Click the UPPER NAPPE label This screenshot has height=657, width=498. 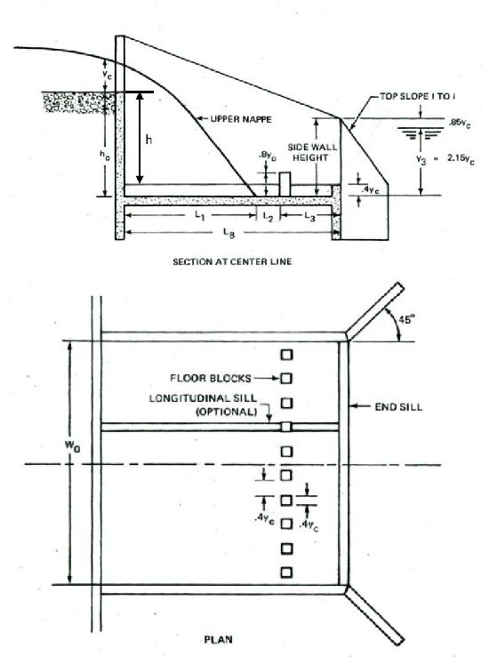(x=241, y=119)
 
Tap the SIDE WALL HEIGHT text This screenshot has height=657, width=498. (x=312, y=153)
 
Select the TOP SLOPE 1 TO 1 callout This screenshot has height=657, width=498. (x=417, y=96)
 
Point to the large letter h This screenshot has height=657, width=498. (x=149, y=140)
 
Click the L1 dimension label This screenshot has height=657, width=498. (x=200, y=216)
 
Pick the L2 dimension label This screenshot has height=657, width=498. (x=268, y=217)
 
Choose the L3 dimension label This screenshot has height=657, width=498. (x=309, y=217)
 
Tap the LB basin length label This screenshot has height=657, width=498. (x=229, y=233)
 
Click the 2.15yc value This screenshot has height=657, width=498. (x=461, y=159)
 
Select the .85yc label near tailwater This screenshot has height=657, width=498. (x=459, y=124)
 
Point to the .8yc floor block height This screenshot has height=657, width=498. (x=267, y=157)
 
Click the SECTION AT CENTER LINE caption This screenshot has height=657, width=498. (x=232, y=262)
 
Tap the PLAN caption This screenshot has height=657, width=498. (x=218, y=639)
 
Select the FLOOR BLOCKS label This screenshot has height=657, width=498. (x=211, y=379)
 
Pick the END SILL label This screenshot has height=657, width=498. (x=398, y=407)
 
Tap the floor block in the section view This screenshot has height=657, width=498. (x=285, y=183)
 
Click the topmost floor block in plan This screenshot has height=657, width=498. (x=286, y=355)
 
